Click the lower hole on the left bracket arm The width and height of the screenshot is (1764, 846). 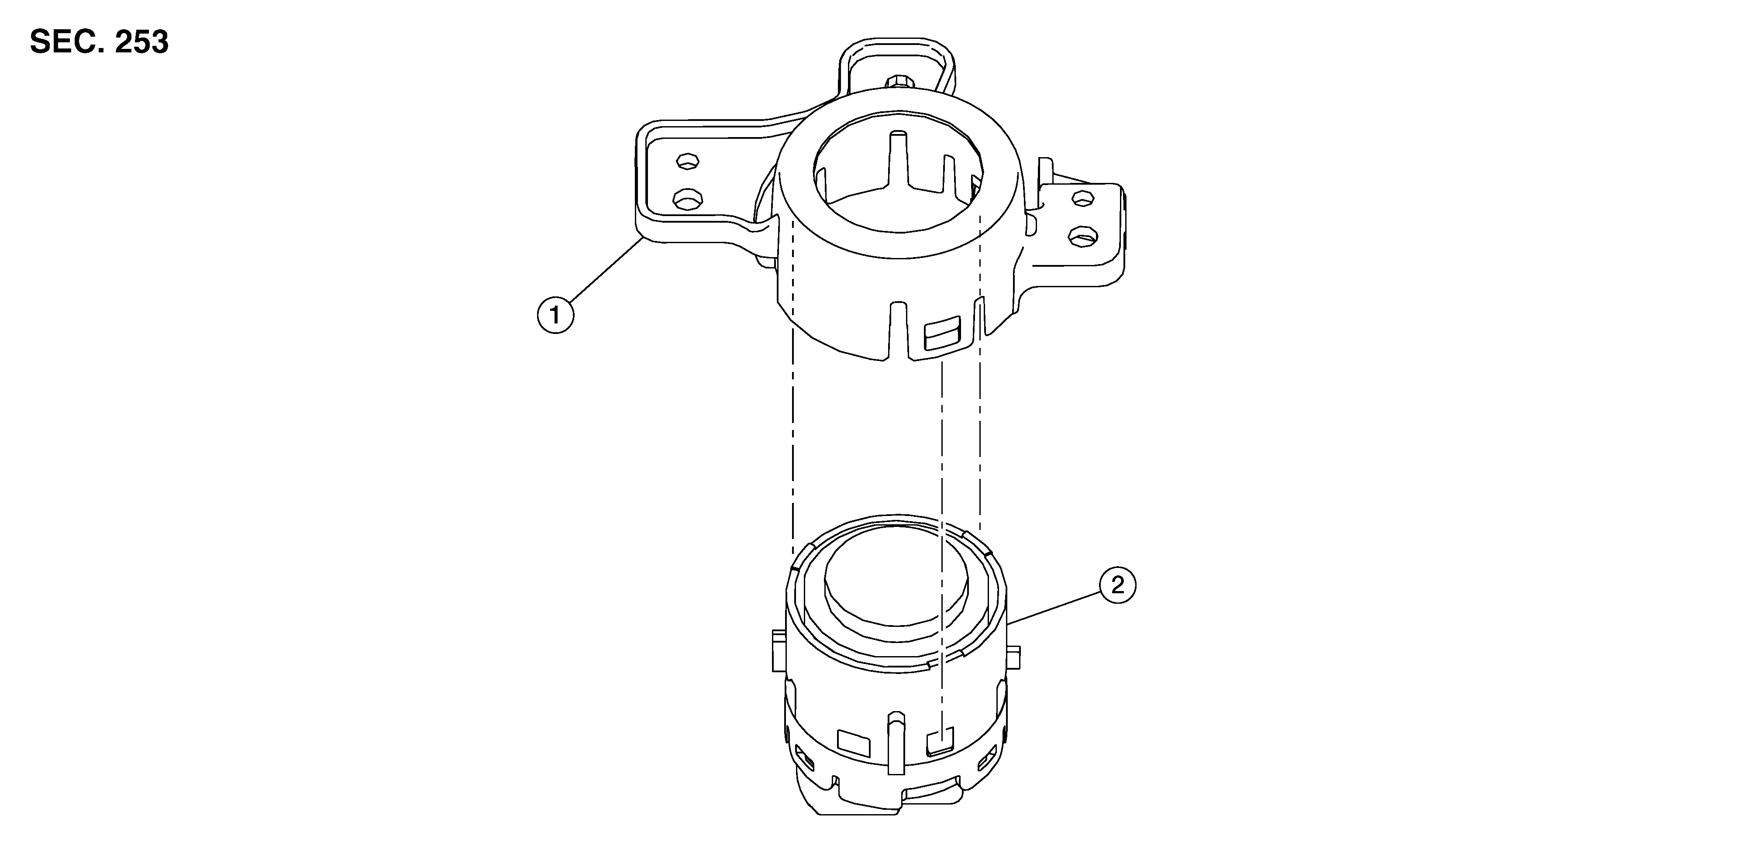coord(688,199)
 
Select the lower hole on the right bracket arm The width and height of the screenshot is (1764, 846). coord(1083,237)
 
